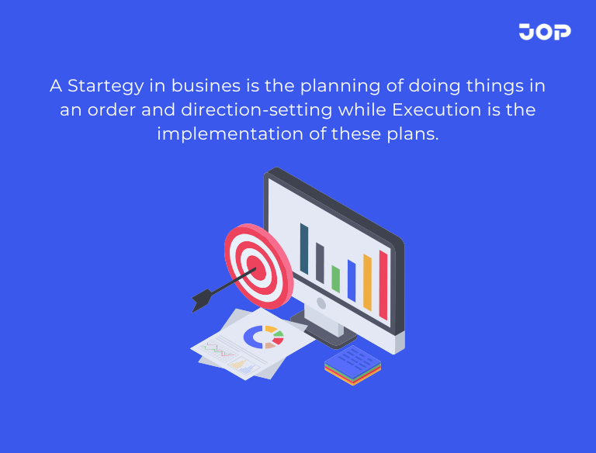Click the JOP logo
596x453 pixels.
pyautogui.click(x=545, y=32)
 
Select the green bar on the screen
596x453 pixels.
pyautogui.click(x=336, y=278)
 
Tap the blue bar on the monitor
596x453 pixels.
pyautogui.click(x=352, y=280)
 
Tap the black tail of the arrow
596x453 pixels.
pyautogui.click(x=202, y=299)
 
